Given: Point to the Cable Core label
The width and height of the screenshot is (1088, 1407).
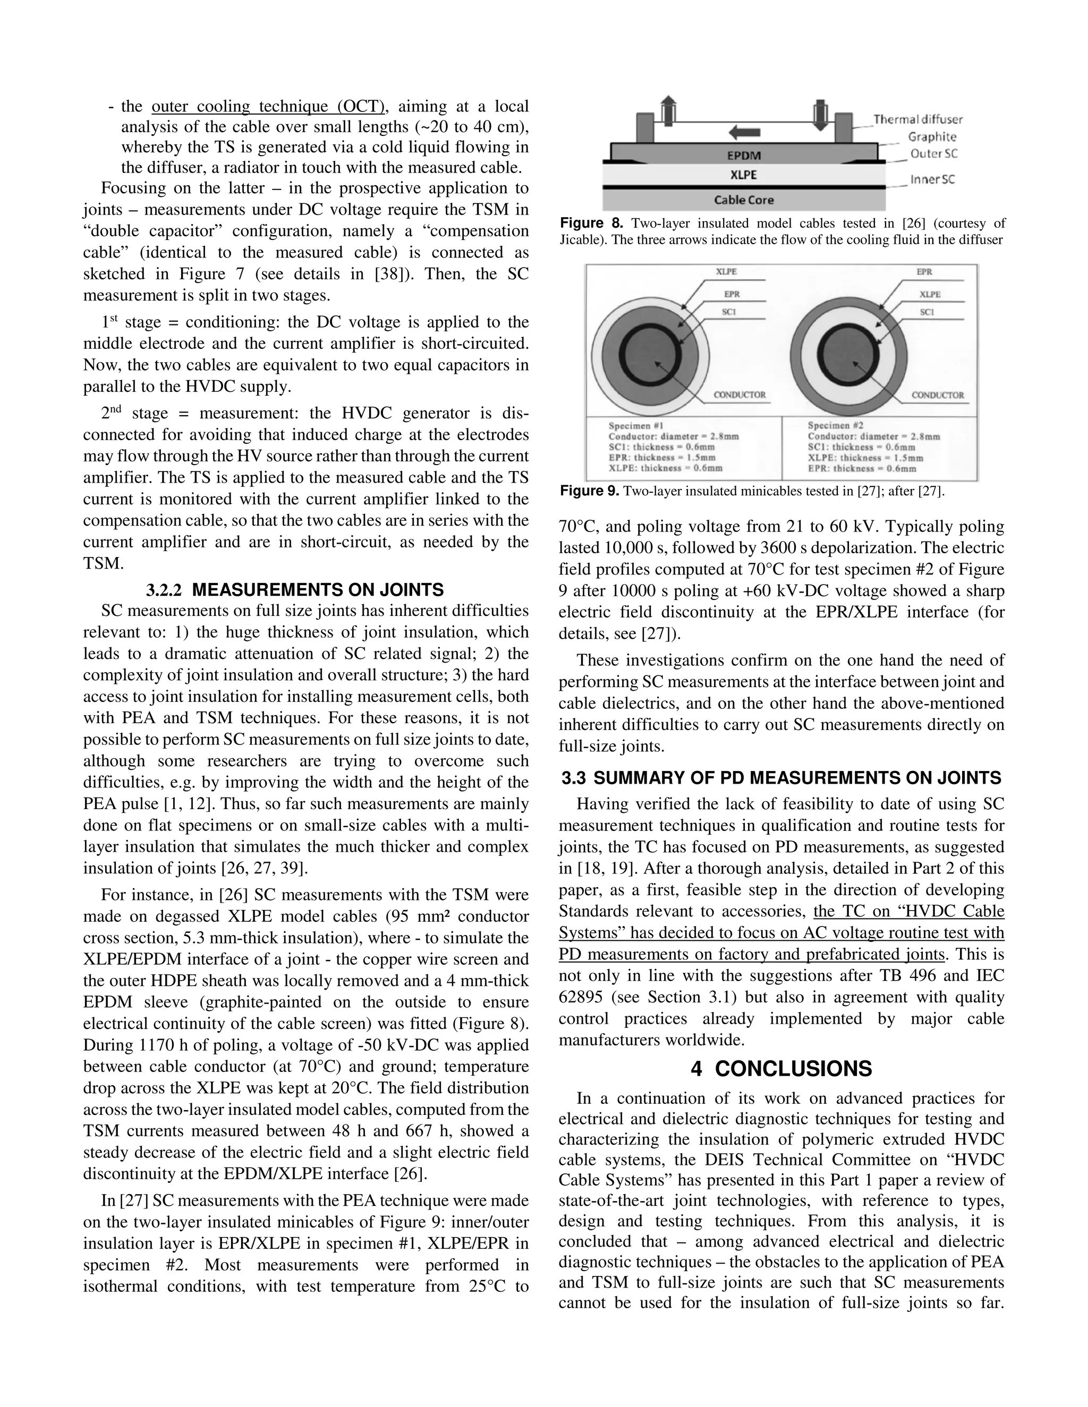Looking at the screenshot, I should point(743,200).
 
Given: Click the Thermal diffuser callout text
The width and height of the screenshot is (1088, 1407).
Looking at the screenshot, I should point(918,119).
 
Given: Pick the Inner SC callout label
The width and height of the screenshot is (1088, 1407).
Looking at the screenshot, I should point(932,180).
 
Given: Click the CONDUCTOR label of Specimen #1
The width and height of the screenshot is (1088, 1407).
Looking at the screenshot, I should point(739,395).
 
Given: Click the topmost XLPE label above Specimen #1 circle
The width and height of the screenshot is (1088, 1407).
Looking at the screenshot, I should point(726,272).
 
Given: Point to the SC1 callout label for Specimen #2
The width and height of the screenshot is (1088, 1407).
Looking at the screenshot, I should point(927,312).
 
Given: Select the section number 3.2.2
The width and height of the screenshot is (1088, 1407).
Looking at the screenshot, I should point(164,589).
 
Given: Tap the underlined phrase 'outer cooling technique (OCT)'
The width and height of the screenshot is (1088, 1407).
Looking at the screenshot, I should point(268,106).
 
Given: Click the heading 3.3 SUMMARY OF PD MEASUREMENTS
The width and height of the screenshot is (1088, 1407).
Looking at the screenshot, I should point(781,778).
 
